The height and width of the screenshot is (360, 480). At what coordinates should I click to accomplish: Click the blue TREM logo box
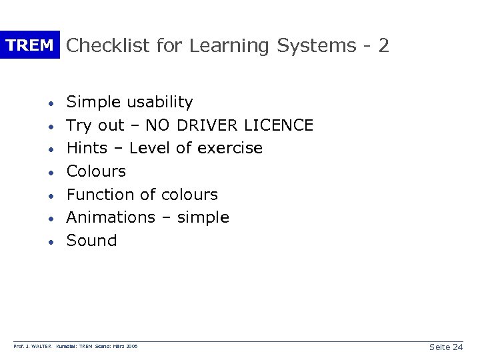[x=29, y=45]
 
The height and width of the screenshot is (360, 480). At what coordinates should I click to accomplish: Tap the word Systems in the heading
[x=317, y=46]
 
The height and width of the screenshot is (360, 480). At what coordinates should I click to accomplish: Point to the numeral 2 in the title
[x=383, y=45]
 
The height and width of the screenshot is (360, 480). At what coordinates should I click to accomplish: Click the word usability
[x=160, y=103]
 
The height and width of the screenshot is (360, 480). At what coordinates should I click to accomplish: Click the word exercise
[x=229, y=148]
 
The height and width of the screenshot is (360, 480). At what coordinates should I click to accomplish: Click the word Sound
[x=92, y=241]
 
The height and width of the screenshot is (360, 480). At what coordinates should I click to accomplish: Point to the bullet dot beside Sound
[x=50, y=241]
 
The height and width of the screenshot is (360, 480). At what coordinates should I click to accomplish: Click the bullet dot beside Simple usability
[x=50, y=103]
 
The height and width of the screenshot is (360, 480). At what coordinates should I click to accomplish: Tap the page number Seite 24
[x=446, y=347]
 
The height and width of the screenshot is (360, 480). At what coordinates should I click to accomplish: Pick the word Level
[x=151, y=148]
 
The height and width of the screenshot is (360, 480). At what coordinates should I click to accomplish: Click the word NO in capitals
[x=157, y=125]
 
